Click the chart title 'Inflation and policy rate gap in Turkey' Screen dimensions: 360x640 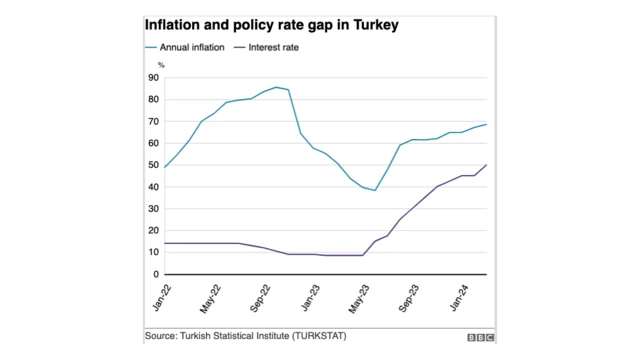click(273, 23)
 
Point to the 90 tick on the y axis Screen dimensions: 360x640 click(152, 77)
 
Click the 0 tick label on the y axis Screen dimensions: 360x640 click(155, 274)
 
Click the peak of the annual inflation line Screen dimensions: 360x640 click(276, 87)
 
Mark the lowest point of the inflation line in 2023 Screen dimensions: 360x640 click(375, 190)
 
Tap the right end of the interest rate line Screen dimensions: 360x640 click(487, 165)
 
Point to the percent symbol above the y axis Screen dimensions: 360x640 click(160, 65)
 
